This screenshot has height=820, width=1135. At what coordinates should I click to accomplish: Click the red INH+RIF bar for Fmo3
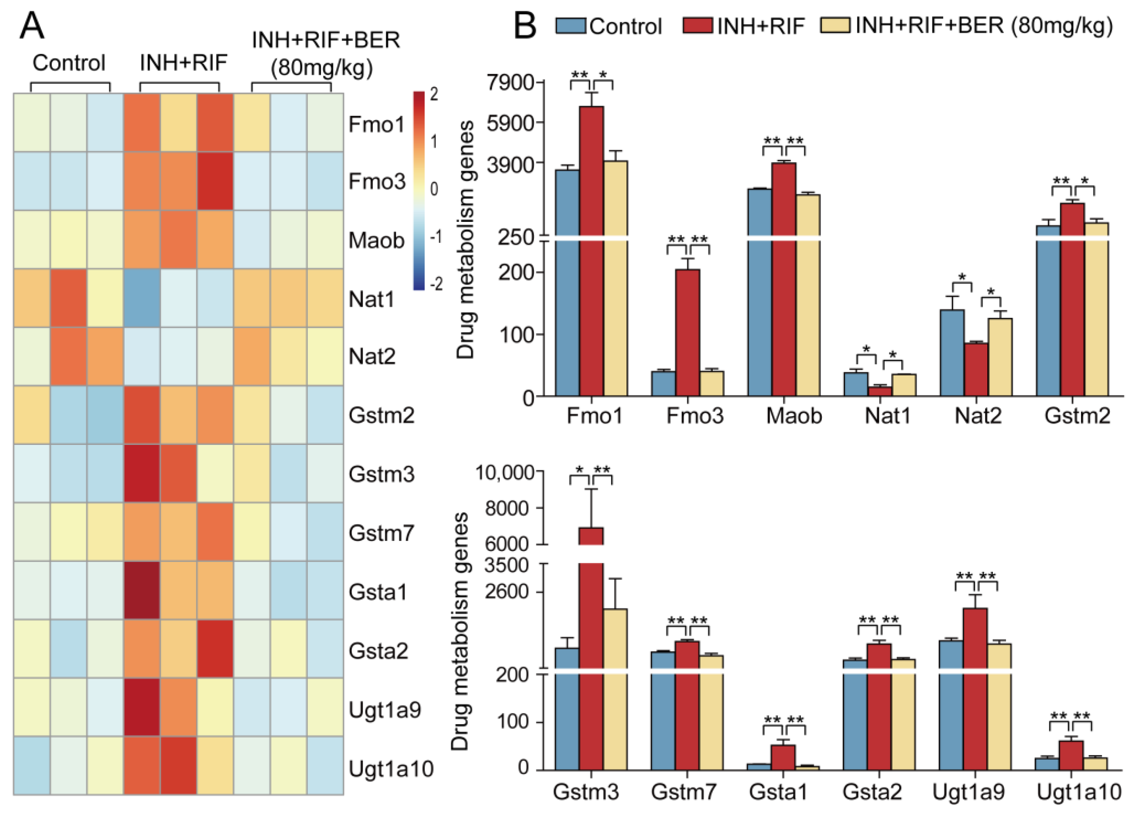click(x=688, y=332)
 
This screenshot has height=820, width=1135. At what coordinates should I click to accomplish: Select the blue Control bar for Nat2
click(x=952, y=353)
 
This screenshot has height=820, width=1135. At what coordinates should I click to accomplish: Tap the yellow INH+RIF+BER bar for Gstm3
click(x=615, y=689)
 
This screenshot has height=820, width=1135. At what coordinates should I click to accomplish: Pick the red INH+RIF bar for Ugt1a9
click(x=975, y=689)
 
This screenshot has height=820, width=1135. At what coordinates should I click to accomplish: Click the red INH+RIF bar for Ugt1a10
click(x=1071, y=755)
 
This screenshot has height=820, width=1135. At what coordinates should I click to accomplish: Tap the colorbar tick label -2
click(x=436, y=284)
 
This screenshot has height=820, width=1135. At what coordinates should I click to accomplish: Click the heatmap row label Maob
click(x=376, y=240)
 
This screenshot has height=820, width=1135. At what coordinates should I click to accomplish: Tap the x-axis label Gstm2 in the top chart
click(x=1077, y=416)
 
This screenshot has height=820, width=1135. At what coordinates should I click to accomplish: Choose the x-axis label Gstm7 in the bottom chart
click(x=684, y=791)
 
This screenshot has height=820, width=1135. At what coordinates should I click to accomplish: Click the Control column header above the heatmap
click(x=69, y=63)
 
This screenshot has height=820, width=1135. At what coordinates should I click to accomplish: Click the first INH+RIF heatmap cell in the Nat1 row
click(x=142, y=298)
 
